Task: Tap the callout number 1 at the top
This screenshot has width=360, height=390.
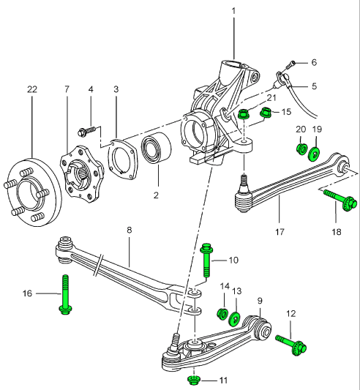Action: point(234,11)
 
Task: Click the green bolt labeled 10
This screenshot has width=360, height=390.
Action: point(206,260)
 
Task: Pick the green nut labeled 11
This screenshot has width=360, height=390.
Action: point(194,380)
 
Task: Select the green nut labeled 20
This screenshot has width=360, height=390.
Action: point(300,150)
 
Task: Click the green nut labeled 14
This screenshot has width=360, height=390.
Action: point(223,314)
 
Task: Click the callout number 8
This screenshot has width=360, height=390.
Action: point(129,230)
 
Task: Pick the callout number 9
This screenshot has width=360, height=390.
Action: point(259,300)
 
